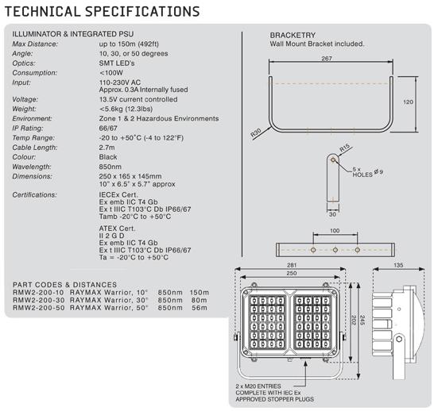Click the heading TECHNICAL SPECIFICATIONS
102,12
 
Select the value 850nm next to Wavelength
110,167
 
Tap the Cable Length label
35,148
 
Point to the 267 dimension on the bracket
327,58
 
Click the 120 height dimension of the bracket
408,102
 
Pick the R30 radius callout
255,133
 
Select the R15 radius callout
345,148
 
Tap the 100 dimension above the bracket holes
335,231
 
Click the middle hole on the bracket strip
335,250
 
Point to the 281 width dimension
292,265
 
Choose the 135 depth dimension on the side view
398,265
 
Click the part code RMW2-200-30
39,300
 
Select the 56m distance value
200,308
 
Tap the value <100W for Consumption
111,73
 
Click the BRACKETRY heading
293,36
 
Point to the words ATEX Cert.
117,229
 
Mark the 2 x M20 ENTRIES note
258,386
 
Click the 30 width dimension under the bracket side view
332,214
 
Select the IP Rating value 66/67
108,129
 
